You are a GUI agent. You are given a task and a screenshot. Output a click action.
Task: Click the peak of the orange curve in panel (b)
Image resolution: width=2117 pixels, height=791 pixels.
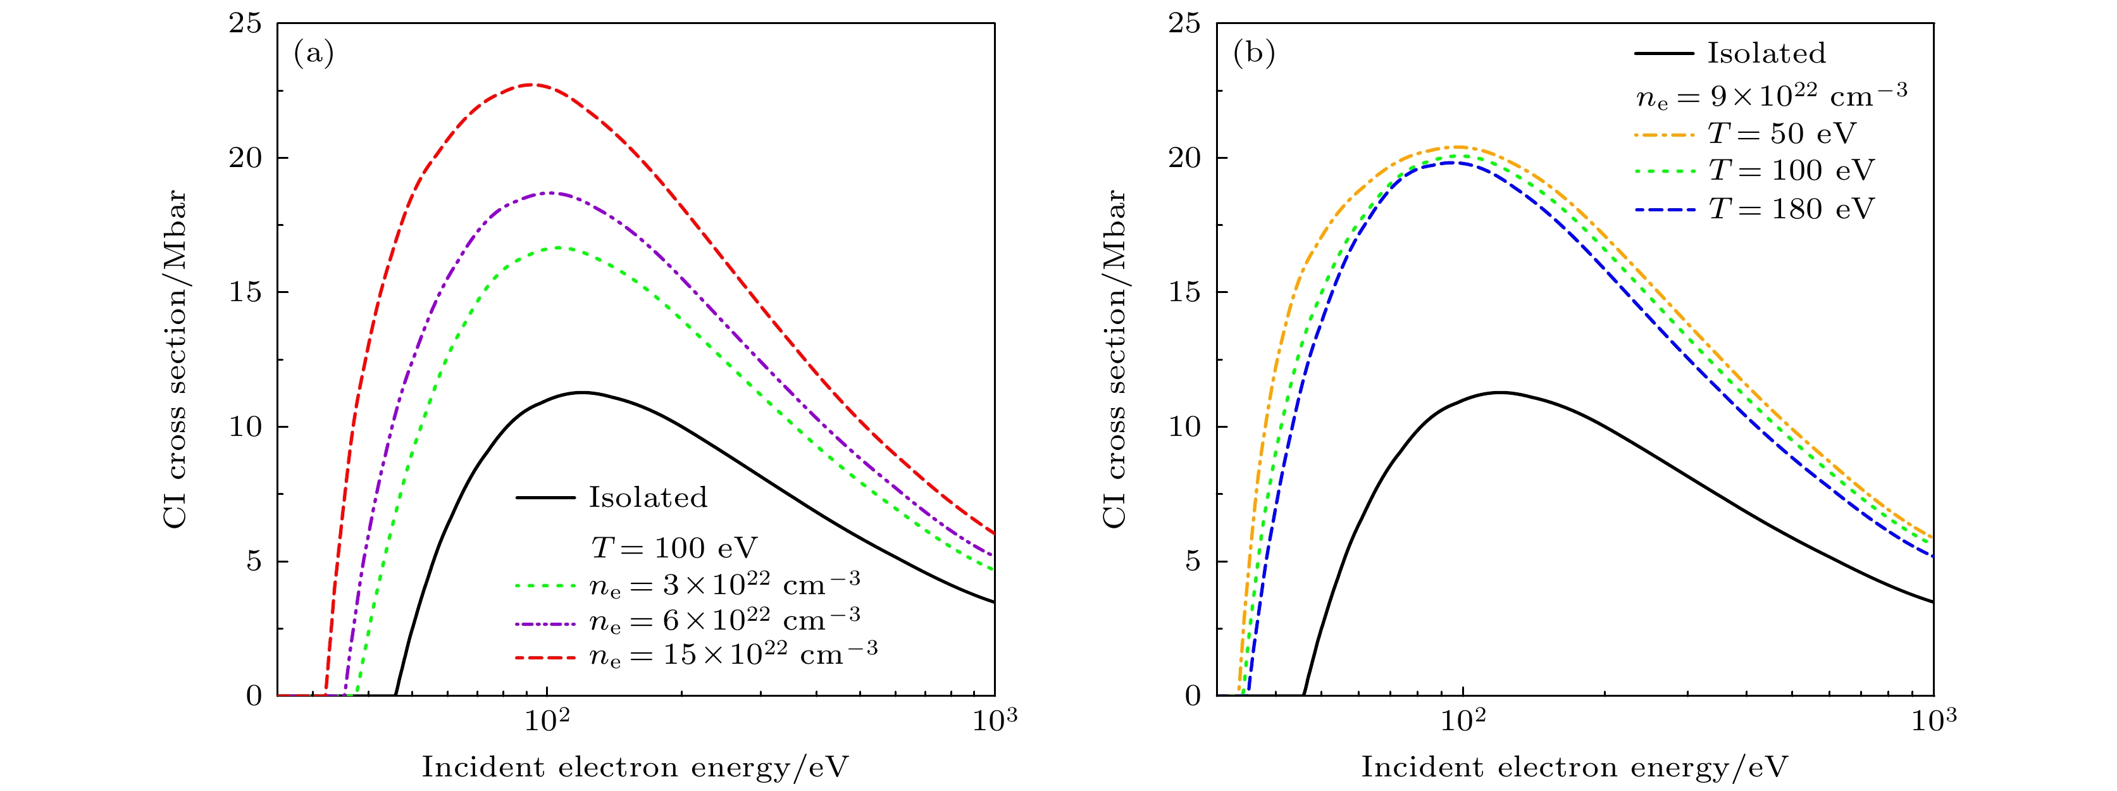tap(1460, 147)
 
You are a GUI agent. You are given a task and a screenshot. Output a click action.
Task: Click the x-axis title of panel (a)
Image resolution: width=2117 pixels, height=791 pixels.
tap(635, 767)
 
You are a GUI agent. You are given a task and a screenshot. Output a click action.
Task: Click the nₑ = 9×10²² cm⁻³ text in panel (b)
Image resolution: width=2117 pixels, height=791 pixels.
tap(1771, 96)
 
